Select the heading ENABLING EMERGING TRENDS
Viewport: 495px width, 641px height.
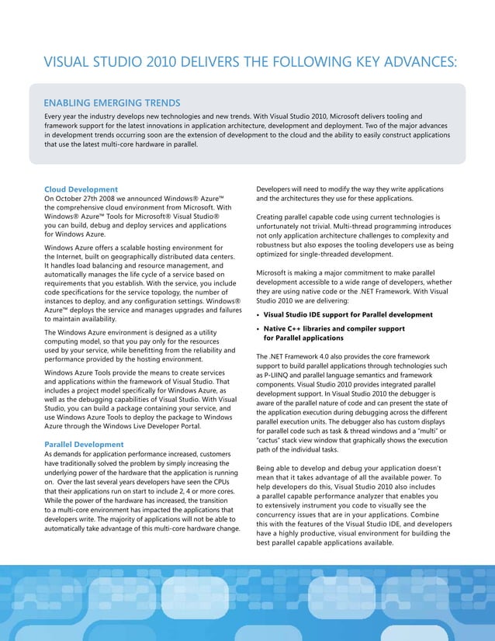pyautogui.click(x=112, y=102)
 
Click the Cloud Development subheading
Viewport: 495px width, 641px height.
pyautogui.click(x=81, y=189)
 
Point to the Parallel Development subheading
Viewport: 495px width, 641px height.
pyautogui.click(x=84, y=444)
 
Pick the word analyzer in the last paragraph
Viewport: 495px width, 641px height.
pyautogui.click(x=382, y=496)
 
